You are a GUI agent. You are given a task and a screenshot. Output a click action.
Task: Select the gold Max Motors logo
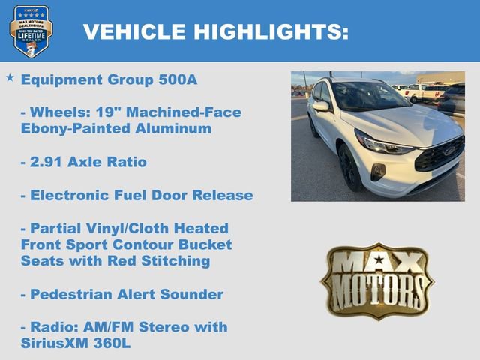(x=377, y=280)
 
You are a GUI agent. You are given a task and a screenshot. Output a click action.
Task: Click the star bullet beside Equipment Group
(x=10, y=77)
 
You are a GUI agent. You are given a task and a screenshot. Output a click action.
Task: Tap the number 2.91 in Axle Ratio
(x=49, y=162)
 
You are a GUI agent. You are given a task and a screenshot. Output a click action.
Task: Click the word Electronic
(x=69, y=196)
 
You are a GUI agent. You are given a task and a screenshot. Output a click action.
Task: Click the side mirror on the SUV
(x=321, y=106)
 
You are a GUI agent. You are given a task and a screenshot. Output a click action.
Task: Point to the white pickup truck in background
(x=424, y=91)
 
